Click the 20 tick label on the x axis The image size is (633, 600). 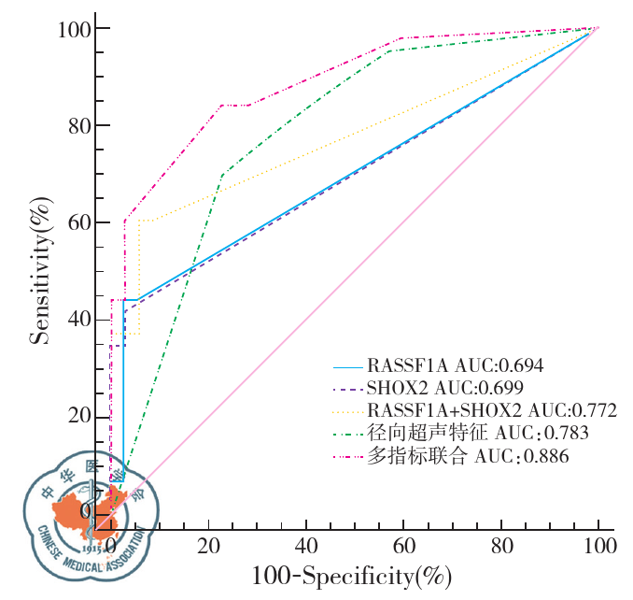coord(208,544)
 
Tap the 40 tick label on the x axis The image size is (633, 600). coord(305,544)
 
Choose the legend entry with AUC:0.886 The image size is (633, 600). coord(468,456)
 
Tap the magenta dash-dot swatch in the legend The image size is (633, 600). coord(347,456)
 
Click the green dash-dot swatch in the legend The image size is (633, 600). coord(347,433)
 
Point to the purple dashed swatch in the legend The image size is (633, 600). coord(347,387)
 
